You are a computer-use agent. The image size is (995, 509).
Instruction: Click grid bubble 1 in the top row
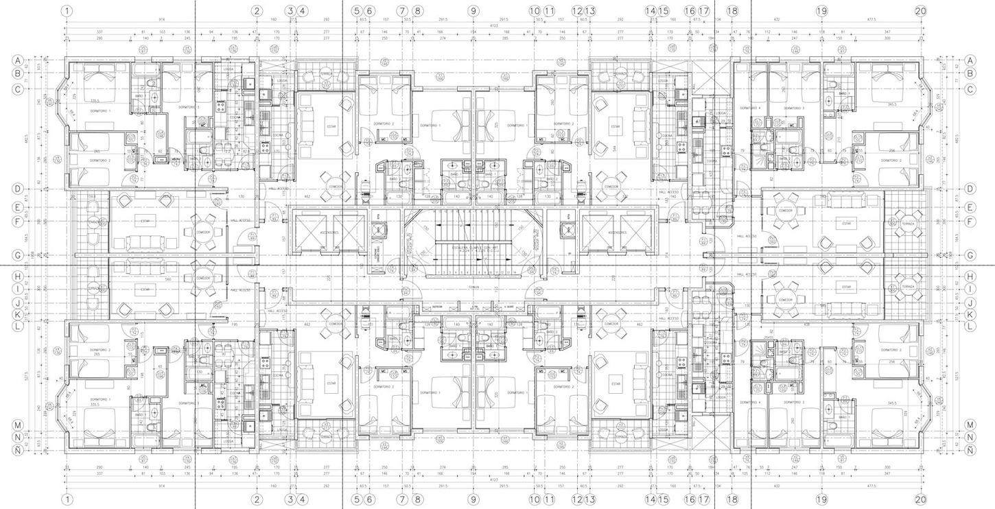coord(67,10)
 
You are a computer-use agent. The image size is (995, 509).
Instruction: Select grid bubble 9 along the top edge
coord(473,10)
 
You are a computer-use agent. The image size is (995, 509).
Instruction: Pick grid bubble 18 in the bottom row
coord(732,499)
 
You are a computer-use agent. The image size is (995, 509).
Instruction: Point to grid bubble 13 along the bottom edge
coord(590,499)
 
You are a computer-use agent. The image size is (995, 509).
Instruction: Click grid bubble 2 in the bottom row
coord(257,499)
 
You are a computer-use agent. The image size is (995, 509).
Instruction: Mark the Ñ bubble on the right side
coord(970,450)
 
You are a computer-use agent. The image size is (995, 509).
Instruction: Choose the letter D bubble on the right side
coord(970,188)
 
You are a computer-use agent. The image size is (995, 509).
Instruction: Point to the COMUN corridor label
coord(473,287)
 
